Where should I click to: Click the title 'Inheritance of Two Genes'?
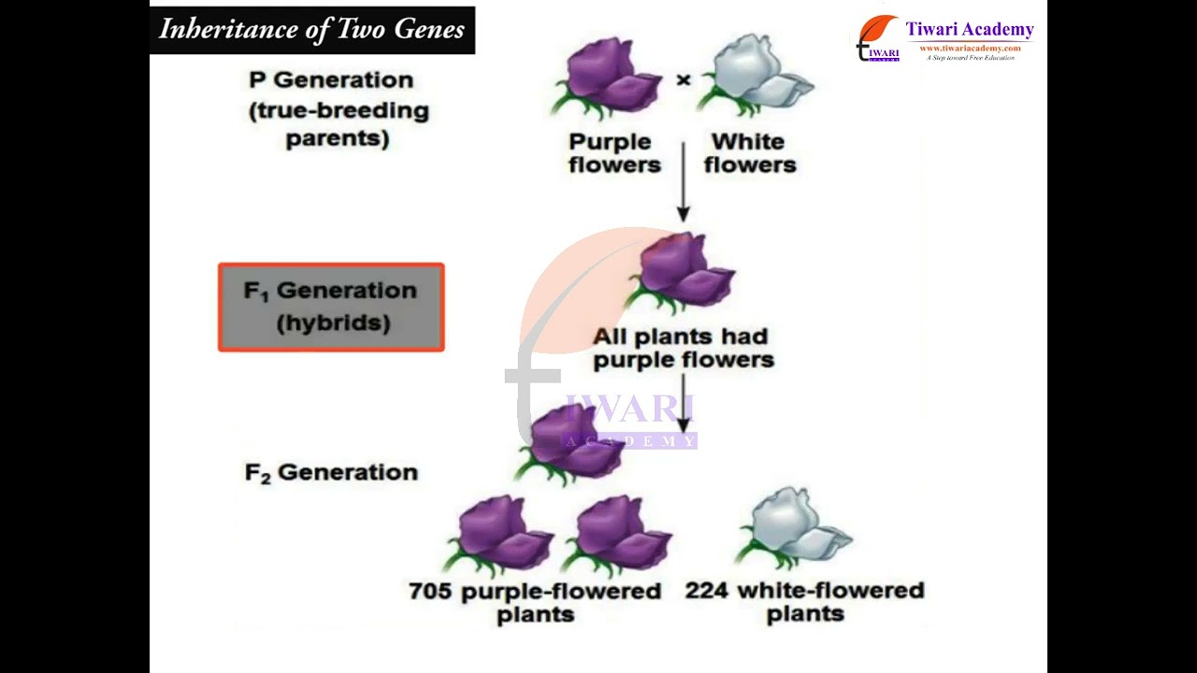(x=311, y=30)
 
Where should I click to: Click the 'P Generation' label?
(x=331, y=80)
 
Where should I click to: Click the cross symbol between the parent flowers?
(x=684, y=80)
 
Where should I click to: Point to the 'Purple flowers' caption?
(x=614, y=153)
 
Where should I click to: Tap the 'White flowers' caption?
(x=749, y=153)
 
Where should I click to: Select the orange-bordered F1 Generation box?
(x=331, y=308)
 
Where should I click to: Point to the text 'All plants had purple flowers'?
(x=683, y=348)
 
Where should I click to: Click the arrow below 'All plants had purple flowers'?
(x=684, y=403)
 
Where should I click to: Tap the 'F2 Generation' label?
(x=331, y=472)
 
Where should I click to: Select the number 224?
(x=707, y=591)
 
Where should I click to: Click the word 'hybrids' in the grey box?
(x=333, y=323)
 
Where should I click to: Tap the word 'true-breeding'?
(x=339, y=110)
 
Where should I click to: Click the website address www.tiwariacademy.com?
(x=970, y=48)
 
